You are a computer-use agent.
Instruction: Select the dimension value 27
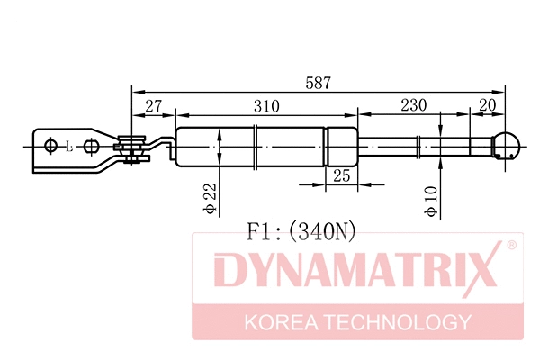(x=154, y=107)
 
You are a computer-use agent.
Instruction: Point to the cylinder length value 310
(x=265, y=107)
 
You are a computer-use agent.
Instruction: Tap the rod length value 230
(x=414, y=107)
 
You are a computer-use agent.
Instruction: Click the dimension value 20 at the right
(x=489, y=107)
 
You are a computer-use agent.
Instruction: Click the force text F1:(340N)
(x=301, y=231)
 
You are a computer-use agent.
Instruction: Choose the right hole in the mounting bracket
(x=92, y=146)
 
